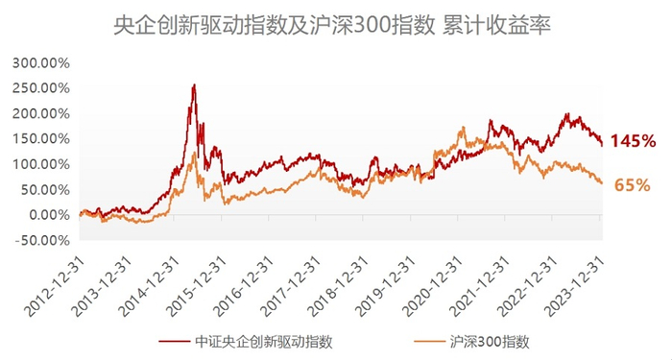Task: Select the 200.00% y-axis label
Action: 39,113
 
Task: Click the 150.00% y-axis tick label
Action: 39,138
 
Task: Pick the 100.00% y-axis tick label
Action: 39,164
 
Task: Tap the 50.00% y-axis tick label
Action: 43,189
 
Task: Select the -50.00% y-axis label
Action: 41,240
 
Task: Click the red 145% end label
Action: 633,141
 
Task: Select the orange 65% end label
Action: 632,183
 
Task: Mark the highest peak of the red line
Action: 195,85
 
